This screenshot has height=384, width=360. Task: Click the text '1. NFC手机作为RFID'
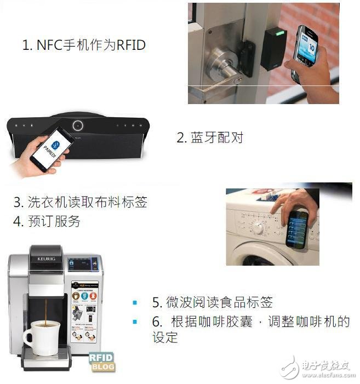84,45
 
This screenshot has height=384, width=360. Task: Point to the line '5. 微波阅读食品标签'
212,302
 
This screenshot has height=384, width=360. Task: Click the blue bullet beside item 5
135,302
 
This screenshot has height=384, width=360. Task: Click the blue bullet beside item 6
135,322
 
